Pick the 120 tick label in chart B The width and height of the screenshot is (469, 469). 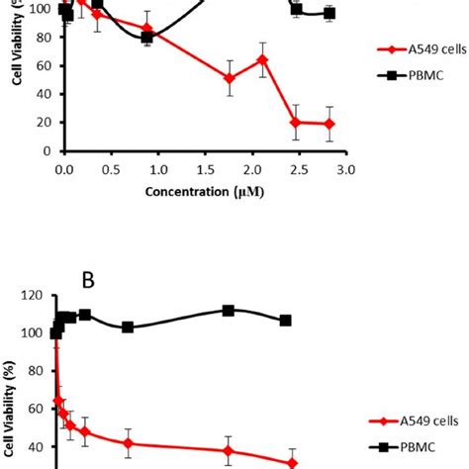point(35,296)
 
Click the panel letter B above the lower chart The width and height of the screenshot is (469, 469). point(87,280)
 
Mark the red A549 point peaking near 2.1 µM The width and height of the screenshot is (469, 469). point(262,60)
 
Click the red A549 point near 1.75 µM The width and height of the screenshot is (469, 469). point(230,79)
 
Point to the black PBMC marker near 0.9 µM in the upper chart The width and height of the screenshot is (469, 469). point(147,38)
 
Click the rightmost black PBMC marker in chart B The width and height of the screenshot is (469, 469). point(286,321)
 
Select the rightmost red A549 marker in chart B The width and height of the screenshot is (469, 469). point(292,463)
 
